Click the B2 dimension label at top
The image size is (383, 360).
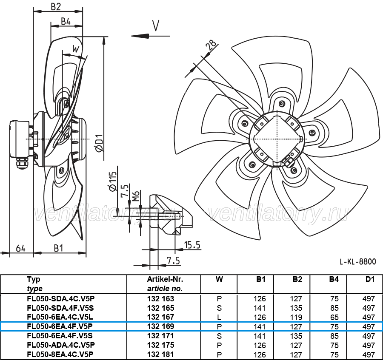click(x=56, y=6)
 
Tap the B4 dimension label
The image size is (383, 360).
click(x=66, y=21)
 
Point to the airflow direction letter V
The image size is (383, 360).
click(x=156, y=26)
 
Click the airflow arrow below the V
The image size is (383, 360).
click(x=150, y=36)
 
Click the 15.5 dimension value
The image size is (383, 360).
click(x=192, y=245)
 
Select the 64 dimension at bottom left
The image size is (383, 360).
click(x=20, y=249)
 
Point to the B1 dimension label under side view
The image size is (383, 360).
click(x=58, y=248)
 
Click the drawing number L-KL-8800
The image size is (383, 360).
click(x=358, y=262)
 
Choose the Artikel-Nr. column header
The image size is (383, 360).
click(x=165, y=279)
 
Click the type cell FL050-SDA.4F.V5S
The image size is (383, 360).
click(x=60, y=308)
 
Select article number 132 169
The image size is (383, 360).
click(x=161, y=326)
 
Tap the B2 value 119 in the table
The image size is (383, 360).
click(x=296, y=317)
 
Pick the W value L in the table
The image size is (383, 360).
click(x=219, y=317)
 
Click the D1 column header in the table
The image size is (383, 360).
click(x=370, y=279)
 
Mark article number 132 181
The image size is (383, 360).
click(x=161, y=354)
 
